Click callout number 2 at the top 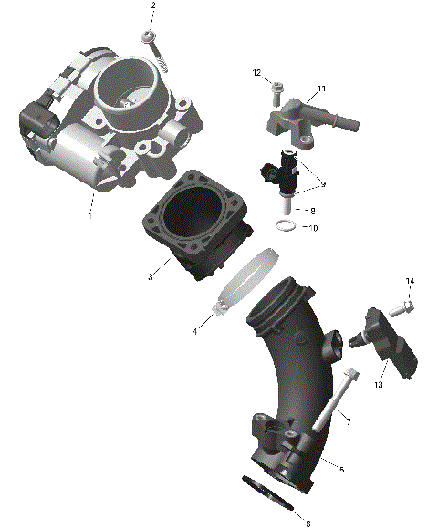click(x=153, y=6)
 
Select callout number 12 click(x=256, y=72)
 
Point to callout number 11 click(x=321, y=88)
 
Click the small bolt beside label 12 click(x=276, y=89)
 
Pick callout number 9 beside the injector click(x=322, y=185)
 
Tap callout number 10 click(x=314, y=227)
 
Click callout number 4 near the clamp click(x=194, y=331)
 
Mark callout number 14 click(x=410, y=281)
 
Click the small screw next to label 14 click(x=402, y=308)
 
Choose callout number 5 click(x=340, y=470)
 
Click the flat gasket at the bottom click(x=272, y=497)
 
